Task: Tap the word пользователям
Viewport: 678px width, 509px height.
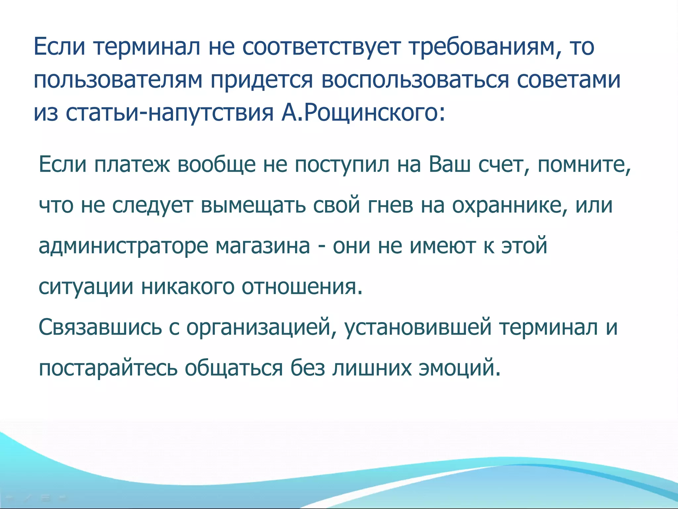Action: (118, 80)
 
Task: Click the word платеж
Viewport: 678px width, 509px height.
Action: (132, 164)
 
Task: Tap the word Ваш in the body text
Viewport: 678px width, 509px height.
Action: (450, 164)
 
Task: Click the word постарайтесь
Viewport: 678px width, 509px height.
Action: (108, 368)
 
